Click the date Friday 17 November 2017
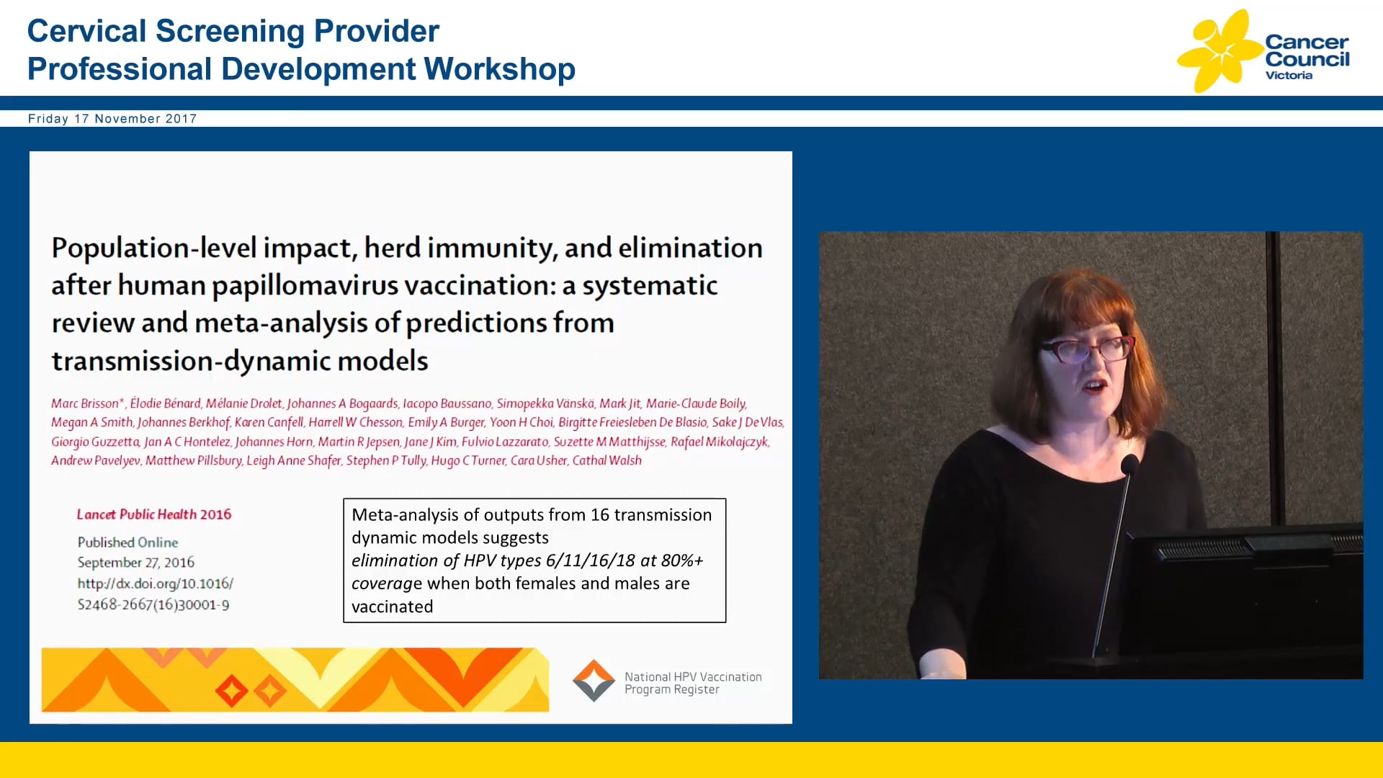tap(112, 119)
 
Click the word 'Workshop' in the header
tap(499, 69)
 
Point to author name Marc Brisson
tap(85, 403)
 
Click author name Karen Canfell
tap(269, 422)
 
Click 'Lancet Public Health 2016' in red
tap(154, 514)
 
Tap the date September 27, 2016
tap(136, 563)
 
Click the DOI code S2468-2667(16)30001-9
tap(153, 604)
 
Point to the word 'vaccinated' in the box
tap(392, 607)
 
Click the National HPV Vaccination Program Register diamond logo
tap(594, 681)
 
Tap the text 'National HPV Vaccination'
tap(693, 676)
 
